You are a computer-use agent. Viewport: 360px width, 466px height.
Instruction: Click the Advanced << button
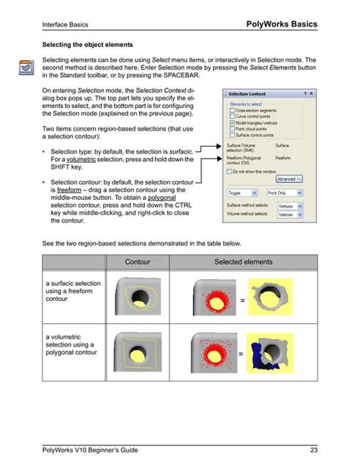pyautogui.click(x=289, y=179)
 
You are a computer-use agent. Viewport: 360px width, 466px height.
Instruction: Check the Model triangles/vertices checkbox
pyautogui.click(x=232, y=122)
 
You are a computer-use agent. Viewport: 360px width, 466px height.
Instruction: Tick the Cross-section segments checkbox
pyautogui.click(x=232, y=109)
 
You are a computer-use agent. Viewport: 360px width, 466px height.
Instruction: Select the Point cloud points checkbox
pyautogui.click(x=232, y=129)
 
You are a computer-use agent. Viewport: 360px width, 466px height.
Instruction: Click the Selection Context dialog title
pyautogui.click(x=250, y=94)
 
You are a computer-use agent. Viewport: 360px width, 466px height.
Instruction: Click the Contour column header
pyautogui.click(x=138, y=262)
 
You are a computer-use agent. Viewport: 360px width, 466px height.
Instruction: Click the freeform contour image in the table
pyautogui.click(x=137, y=300)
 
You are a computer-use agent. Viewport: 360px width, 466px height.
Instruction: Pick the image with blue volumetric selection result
pyautogui.click(x=272, y=353)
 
